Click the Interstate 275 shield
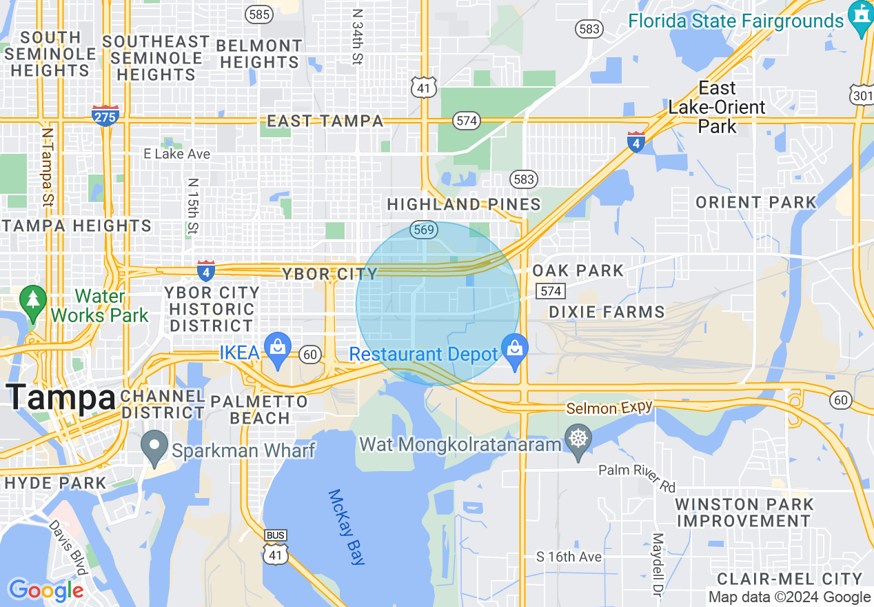(105, 115)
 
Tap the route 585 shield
(259, 14)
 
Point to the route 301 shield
(862, 94)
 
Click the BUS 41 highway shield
(275, 547)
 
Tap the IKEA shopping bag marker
(278, 350)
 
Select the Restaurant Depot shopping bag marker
(514, 350)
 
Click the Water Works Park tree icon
(32, 300)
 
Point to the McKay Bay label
(345, 527)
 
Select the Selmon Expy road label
(609, 408)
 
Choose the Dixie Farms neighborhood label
(607, 312)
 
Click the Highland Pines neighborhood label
(464, 205)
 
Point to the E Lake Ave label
(176, 154)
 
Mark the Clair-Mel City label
(790, 579)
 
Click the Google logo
(46, 590)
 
